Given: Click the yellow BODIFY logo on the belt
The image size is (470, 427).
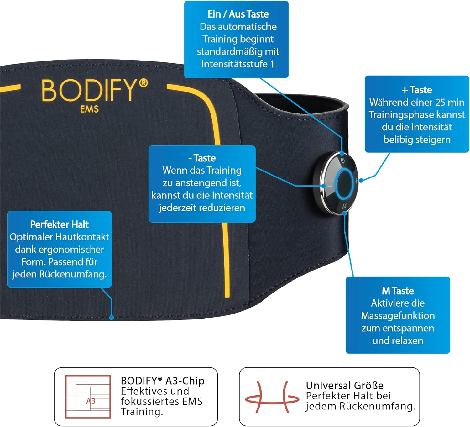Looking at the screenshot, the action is point(95,91).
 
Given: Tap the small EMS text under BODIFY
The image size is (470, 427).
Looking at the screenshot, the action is point(89,109).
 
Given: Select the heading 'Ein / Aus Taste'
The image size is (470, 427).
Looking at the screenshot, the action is point(238,14).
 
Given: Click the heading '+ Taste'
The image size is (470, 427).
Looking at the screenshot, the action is point(417,90).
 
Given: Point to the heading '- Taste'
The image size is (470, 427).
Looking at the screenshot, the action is point(202,158).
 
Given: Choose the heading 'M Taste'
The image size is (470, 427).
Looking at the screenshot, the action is point(398,291).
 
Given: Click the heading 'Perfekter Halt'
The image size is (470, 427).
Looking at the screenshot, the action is point(59,224).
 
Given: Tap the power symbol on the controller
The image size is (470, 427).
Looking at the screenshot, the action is point(342,161).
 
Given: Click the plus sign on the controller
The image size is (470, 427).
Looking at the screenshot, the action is point(356,181).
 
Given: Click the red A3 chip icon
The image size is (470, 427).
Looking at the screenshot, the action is point(88,397).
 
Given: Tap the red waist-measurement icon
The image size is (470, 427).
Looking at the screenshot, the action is point(272,397).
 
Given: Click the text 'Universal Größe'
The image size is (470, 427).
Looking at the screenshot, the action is point(344,386).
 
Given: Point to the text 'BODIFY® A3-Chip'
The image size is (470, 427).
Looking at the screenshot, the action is point(163,381).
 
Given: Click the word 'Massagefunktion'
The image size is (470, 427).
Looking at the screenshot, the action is point(398,315).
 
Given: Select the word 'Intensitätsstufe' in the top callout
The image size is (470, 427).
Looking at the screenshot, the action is point(234,64).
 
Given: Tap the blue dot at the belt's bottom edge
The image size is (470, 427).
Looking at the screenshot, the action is point(112,318).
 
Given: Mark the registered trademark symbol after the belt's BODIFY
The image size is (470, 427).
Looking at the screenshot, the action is point(144,83).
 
